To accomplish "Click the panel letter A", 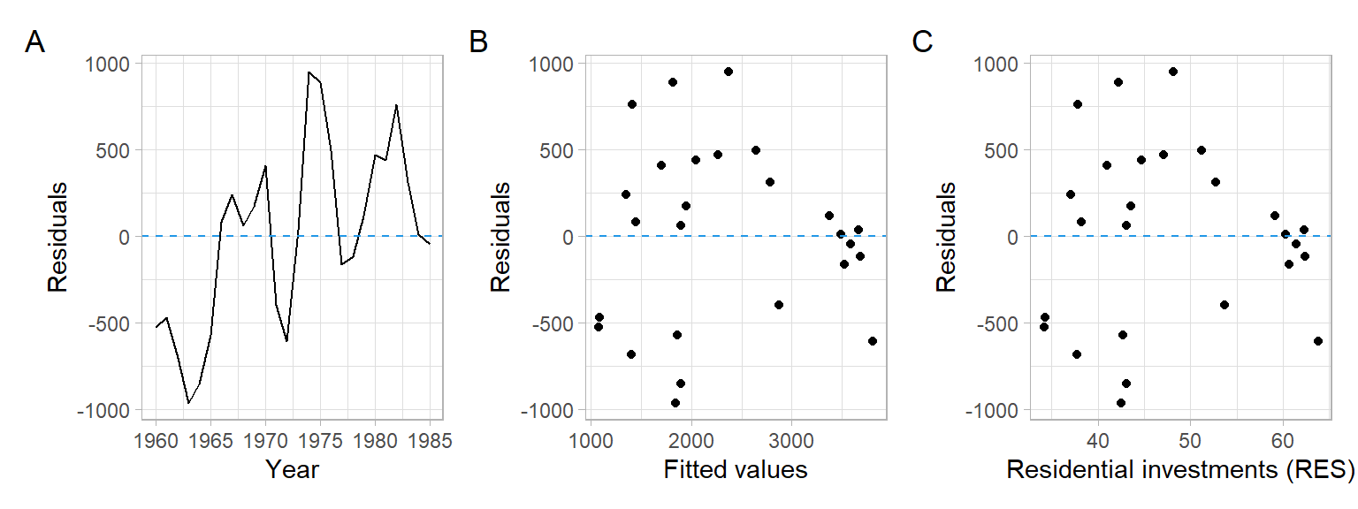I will (34, 42).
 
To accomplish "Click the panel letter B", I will (478, 42).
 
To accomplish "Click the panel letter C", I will (922, 42).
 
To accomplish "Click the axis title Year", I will (292, 469).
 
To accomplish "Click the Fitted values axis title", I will (736, 469).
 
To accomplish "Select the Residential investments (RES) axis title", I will (1180, 469).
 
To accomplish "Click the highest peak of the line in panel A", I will (309, 72).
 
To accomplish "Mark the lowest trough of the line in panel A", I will (188, 403).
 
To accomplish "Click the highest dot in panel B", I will (729, 72).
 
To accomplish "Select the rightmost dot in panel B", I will (873, 341).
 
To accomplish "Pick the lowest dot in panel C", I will (1121, 403).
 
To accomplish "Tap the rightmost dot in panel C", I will (1318, 341).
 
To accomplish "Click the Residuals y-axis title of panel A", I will (57, 237).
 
